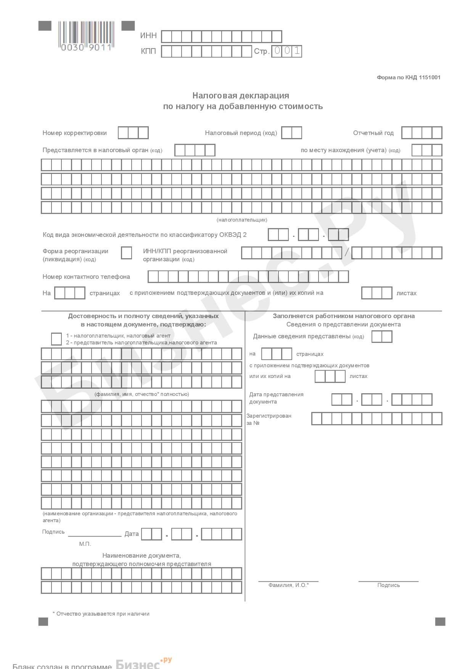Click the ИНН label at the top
148,35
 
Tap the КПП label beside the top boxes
148,51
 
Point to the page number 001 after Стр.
286,51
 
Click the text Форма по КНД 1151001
409,77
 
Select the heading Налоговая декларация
241,95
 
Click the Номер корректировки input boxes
133,133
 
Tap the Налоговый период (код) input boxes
291,133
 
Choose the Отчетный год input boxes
422,133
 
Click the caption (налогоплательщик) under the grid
242,220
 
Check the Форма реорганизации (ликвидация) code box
126,253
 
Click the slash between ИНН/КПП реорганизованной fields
347,252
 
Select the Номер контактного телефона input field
248,277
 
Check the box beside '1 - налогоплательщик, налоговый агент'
56,339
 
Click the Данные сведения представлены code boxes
381,336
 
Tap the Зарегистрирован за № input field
376,418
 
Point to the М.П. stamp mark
85,544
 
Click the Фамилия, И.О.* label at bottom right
288,585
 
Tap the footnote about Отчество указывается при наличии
101,614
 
